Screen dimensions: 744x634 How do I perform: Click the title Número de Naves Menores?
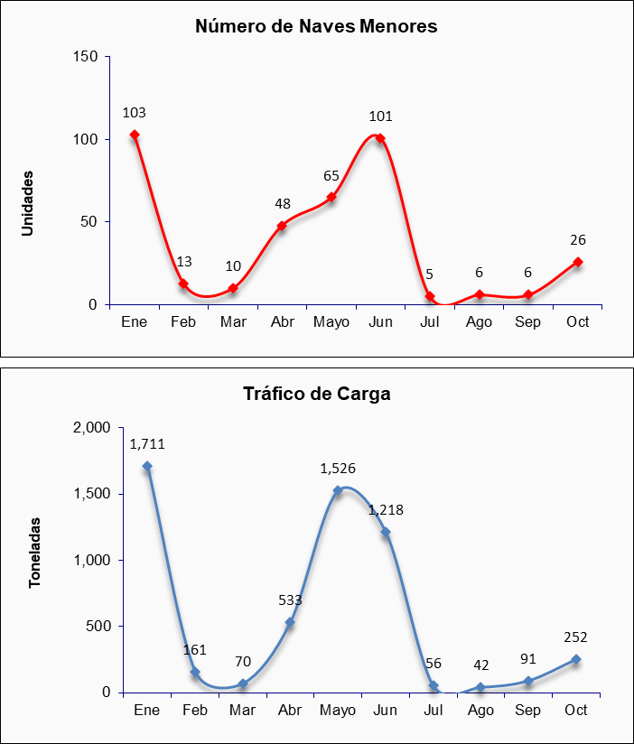click(316, 26)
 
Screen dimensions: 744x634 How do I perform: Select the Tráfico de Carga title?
click(316, 394)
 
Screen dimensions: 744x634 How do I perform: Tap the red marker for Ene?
click(135, 135)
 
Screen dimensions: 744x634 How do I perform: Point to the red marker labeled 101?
click(380, 138)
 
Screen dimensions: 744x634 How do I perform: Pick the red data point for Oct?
click(578, 262)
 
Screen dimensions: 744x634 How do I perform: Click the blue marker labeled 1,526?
click(338, 491)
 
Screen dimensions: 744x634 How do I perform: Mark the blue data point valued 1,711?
click(147, 467)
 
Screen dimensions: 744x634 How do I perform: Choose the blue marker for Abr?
click(290, 622)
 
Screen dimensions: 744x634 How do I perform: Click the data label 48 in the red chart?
click(283, 204)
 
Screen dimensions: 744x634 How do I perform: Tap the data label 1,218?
click(386, 510)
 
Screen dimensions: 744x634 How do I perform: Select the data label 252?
click(575, 637)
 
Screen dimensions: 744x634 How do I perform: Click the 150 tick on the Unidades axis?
click(85, 57)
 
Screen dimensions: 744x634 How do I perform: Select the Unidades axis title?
click(28, 203)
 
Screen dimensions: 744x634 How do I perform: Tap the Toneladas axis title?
click(35, 553)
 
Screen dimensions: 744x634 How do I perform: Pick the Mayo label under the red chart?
click(331, 322)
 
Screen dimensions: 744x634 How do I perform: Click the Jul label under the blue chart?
click(434, 711)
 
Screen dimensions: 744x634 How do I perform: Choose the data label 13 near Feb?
click(184, 262)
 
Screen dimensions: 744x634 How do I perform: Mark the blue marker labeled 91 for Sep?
click(528, 682)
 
